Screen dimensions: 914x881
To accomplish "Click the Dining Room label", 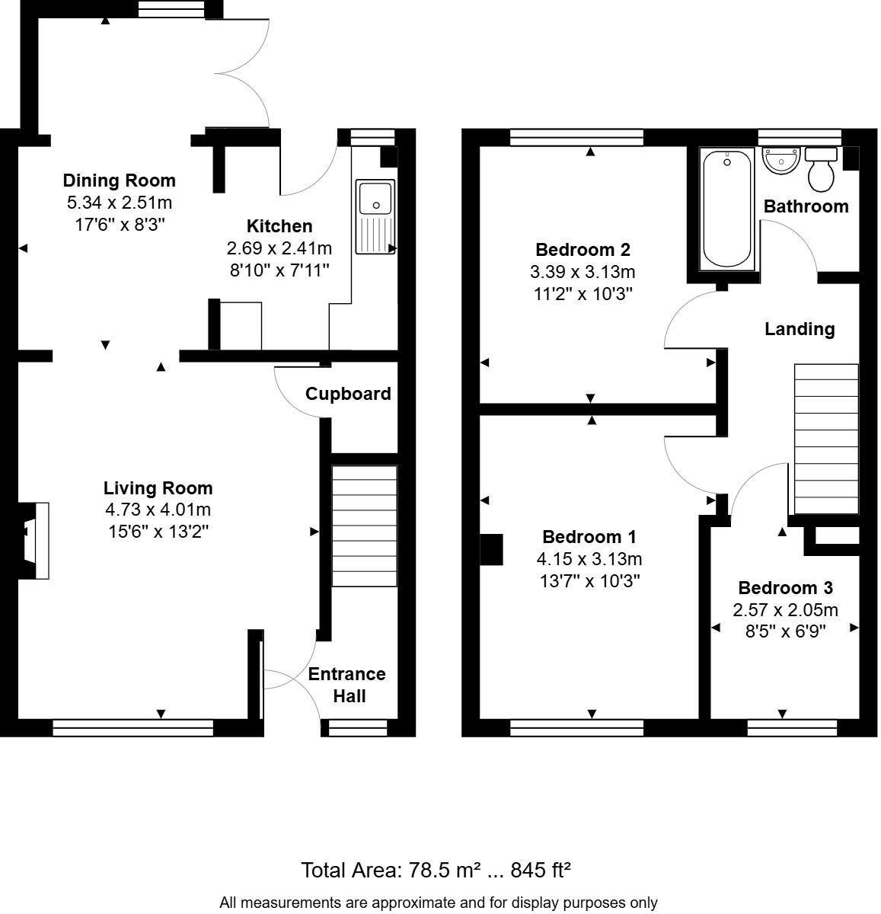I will [119, 181].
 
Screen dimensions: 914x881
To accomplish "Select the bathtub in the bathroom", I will [728, 209].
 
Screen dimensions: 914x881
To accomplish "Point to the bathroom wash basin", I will [780, 161].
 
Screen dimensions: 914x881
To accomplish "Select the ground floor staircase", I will [365, 526].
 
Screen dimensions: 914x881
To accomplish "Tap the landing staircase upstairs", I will [826, 439].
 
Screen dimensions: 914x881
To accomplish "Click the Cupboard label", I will [348, 394].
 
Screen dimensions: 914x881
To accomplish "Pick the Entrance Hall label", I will [347, 685].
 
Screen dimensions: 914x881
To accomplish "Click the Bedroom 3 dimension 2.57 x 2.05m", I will [785, 610].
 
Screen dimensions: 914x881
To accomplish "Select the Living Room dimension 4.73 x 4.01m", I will [158, 510].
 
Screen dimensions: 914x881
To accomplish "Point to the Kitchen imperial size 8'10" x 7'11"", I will [279, 270].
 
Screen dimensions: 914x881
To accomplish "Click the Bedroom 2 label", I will [583, 250].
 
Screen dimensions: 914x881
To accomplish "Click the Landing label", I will [800, 329].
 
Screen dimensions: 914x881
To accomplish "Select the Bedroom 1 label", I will [589, 537].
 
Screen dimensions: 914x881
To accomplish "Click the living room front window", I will [132, 729].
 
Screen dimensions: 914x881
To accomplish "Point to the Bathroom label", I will [806, 206].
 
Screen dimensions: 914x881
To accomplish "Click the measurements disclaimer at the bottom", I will [438, 903].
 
